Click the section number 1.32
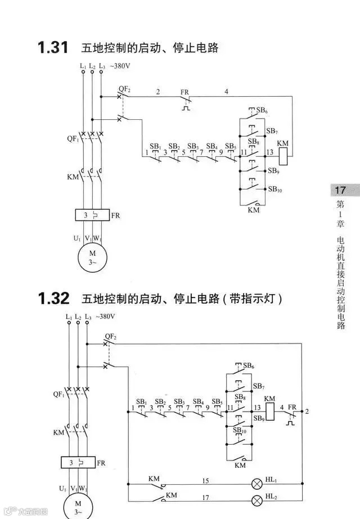(53, 298)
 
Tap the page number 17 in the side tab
(340, 190)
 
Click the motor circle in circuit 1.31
(92, 256)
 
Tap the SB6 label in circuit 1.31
(262, 111)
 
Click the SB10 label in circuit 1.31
(275, 189)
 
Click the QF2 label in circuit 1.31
(124, 89)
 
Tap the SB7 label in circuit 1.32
(258, 386)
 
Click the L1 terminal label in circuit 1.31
(83, 66)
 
